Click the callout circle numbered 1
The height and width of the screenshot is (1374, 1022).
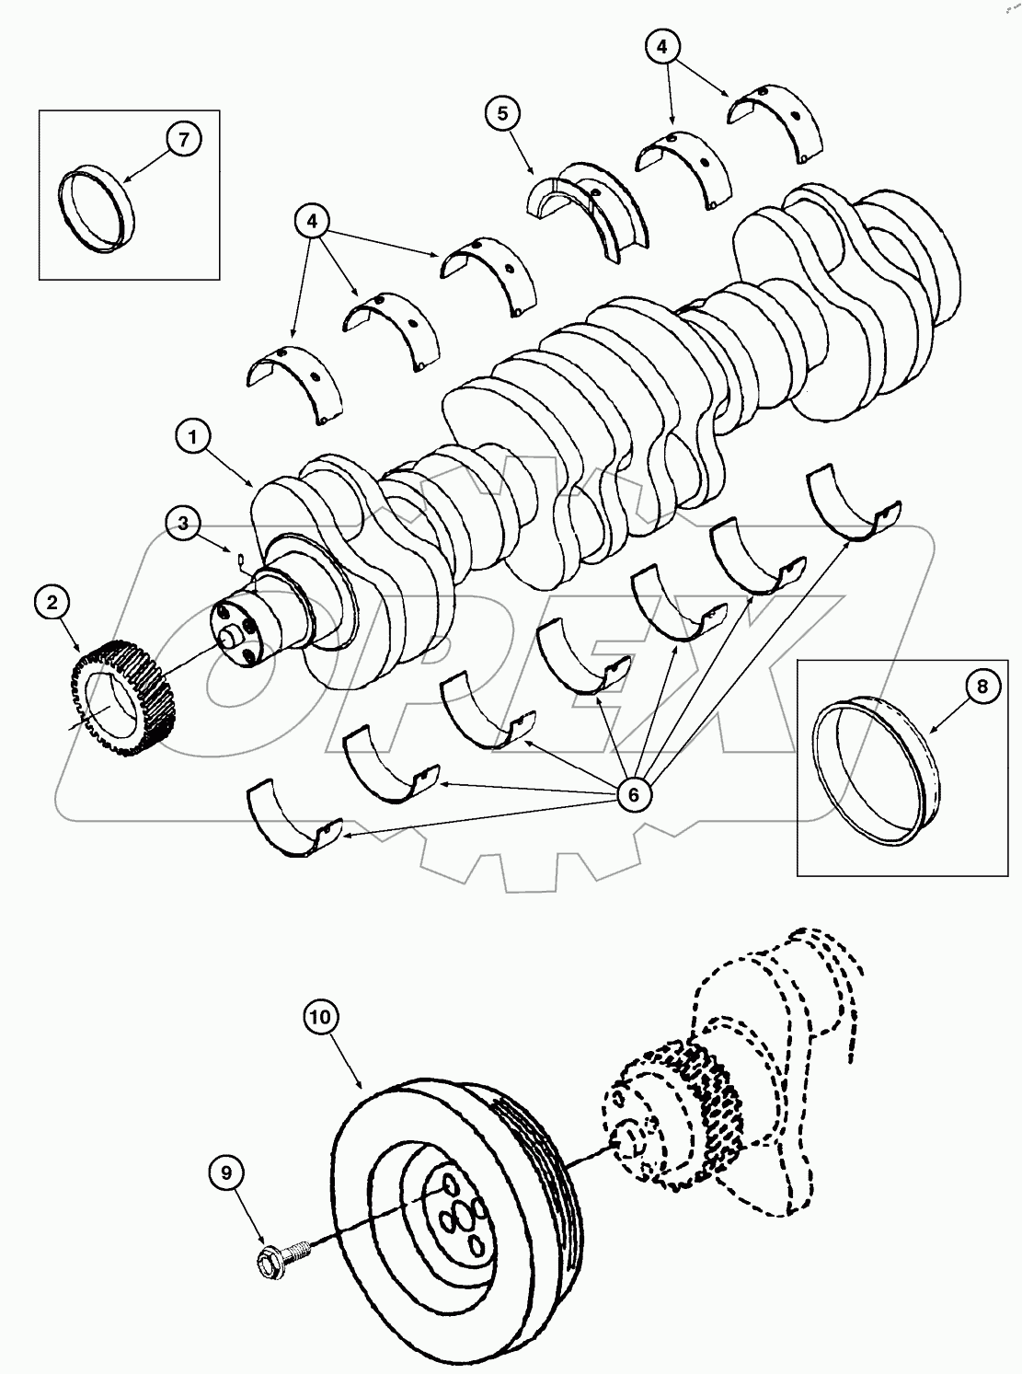[x=193, y=438]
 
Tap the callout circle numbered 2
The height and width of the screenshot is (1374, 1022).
[x=52, y=603]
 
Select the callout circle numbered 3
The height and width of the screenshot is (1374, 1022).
[x=184, y=524]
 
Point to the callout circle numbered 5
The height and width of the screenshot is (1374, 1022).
[x=502, y=114]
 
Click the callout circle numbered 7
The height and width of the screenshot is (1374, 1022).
[x=183, y=140]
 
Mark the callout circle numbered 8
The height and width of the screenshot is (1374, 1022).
[x=982, y=687]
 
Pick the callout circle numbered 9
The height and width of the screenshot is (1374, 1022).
[x=226, y=1172]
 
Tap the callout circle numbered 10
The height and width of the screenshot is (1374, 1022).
[x=323, y=1017]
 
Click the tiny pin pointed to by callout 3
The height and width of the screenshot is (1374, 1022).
[x=237, y=556]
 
